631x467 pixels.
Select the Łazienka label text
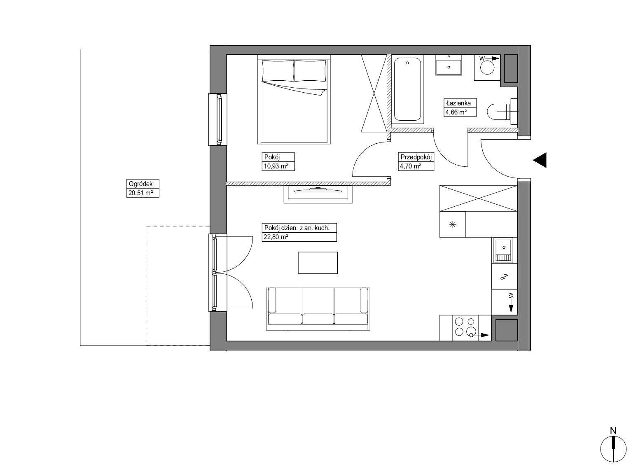[x=458, y=103]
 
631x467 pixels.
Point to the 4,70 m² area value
[x=411, y=166]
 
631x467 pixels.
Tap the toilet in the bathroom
[x=502, y=112]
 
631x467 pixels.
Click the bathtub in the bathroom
[x=407, y=89]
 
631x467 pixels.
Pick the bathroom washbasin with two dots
[x=449, y=65]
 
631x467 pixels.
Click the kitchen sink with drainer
[x=504, y=250]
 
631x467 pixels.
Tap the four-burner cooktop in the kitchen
[x=465, y=327]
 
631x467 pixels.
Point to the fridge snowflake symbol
[x=452, y=225]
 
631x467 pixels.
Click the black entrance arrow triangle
[x=540, y=160]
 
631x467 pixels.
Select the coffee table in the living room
[x=318, y=263]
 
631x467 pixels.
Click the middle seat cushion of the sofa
[x=318, y=319]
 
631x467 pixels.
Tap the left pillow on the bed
[x=278, y=70]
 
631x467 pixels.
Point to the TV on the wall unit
[x=318, y=190]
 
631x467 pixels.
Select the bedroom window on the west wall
[x=218, y=119]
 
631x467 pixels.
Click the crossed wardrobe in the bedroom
[x=374, y=93]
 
